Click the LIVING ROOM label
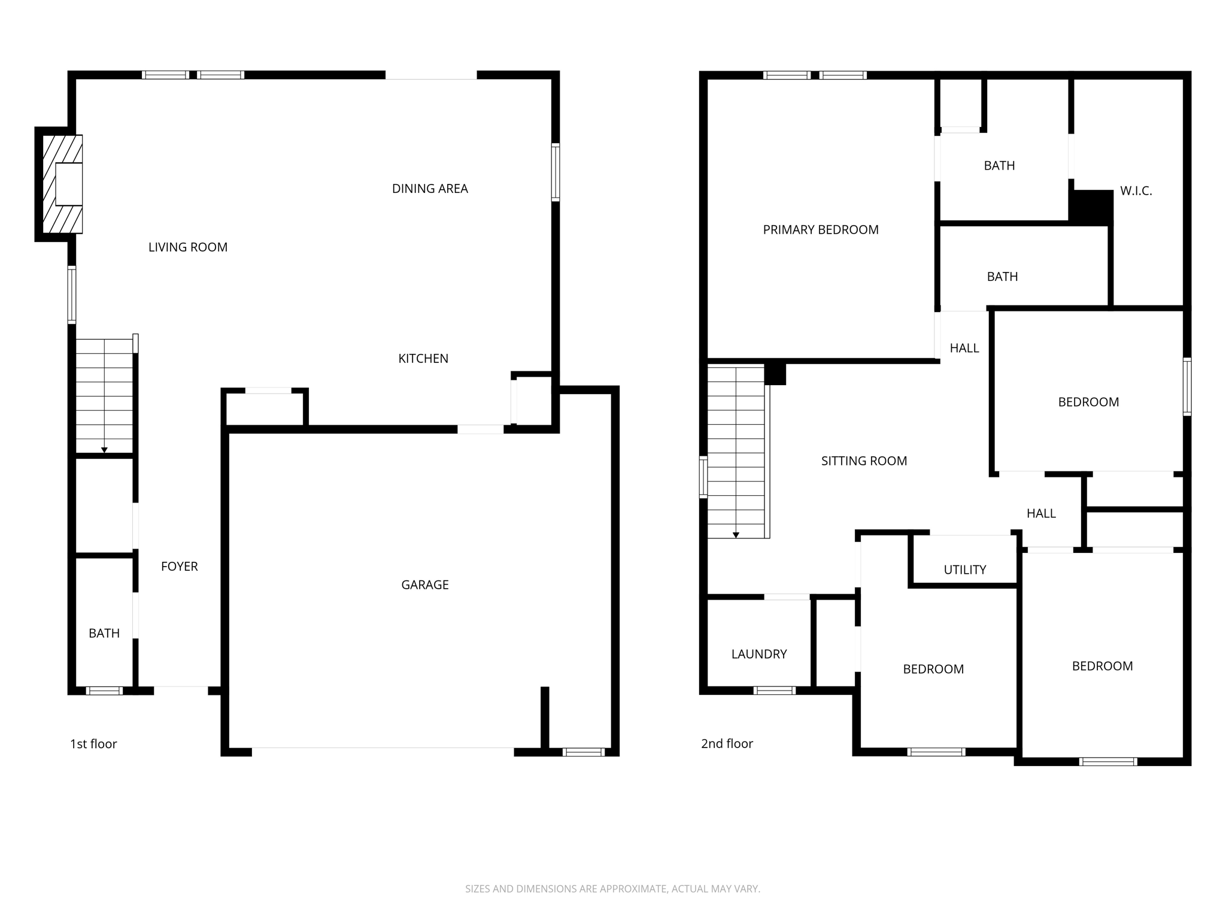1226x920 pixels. coord(187,247)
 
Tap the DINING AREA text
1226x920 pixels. coord(430,189)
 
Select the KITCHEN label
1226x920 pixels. coord(423,359)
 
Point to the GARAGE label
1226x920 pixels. coord(424,585)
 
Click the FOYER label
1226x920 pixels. coord(179,567)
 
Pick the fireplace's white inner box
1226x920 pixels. coord(68,184)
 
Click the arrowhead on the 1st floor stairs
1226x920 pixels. coord(104,450)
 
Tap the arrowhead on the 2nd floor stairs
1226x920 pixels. coord(736,535)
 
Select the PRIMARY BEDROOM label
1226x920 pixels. coord(820,230)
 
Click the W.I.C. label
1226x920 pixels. coord(1136,191)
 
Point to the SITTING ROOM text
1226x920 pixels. coord(864,461)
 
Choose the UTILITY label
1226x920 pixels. coord(964,570)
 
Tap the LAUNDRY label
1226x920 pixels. coord(758,655)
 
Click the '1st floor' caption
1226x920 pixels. coord(93,744)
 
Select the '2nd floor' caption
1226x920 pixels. coord(727,744)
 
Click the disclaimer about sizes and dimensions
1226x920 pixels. coord(612,889)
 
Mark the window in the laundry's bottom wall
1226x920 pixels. coord(774,691)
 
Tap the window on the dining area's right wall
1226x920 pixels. coord(555,172)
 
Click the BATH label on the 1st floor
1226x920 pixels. coord(104,634)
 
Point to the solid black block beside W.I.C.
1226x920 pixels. coord(1092,207)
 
